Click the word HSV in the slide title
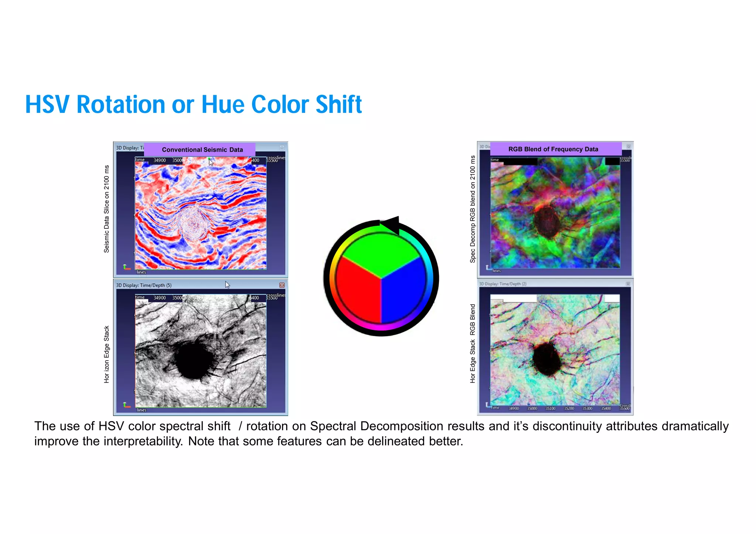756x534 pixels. pyautogui.click(x=47, y=104)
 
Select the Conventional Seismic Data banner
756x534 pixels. pyautogui.click(x=202, y=149)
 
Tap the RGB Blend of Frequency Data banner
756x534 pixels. pyautogui.click(x=553, y=149)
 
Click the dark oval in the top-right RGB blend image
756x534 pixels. pyautogui.click(x=546, y=221)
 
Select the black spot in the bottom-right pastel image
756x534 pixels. pyautogui.click(x=546, y=358)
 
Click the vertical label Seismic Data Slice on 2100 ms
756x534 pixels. pyautogui.click(x=107, y=209)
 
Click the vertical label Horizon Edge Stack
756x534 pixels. pyautogui.click(x=107, y=354)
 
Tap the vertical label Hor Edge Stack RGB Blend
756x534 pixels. pyautogui.click(x=472, y=343)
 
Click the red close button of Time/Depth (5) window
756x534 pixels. pyautogui.click(x=282, y=285)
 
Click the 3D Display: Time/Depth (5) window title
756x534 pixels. pyautogui.click(x=144, y=285)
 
